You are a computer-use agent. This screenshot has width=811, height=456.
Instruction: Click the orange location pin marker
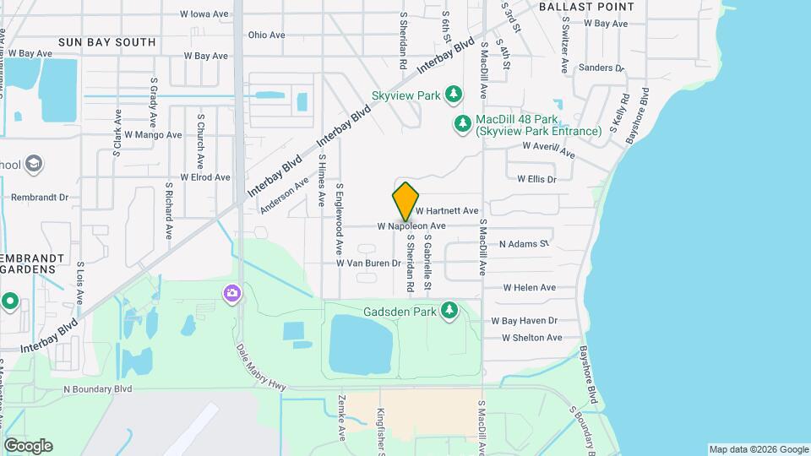tap(406, 202)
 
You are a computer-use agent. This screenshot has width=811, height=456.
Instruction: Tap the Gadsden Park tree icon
tap(449, 312)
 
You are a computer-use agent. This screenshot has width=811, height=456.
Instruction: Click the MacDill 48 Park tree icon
tap(462, 125)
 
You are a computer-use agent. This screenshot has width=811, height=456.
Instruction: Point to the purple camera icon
tap(231, 293)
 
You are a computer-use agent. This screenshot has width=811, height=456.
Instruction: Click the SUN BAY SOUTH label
tap(107, 42)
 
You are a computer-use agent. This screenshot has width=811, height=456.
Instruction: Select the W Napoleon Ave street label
tap(411, 226)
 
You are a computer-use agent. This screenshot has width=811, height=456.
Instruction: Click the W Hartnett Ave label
tap(447, 210)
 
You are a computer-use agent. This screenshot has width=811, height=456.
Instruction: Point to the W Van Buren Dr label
tap(368, 263)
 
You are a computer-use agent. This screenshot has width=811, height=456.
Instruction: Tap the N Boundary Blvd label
tap(98, 389)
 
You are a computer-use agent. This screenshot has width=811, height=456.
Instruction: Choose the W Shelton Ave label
tap(531, 338)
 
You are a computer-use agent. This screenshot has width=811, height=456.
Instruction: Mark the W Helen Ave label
tap(529, 288)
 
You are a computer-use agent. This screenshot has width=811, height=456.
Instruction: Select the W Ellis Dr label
tap(537, 179)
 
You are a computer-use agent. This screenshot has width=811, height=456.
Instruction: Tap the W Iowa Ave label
tap(204, 14)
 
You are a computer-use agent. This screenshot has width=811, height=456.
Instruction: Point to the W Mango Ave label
tap(153, 135)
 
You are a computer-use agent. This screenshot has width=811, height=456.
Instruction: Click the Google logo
tap(28, 446)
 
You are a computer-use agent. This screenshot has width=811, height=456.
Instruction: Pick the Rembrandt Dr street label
tap(39, 198)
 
